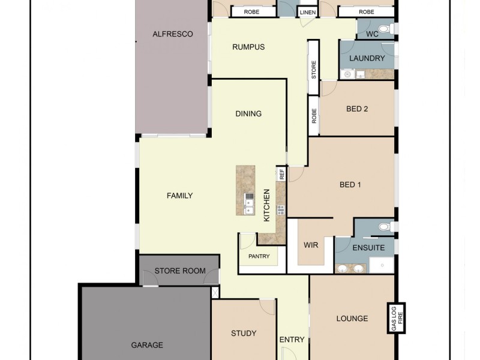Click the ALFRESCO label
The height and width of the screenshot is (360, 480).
(x=172, y=34)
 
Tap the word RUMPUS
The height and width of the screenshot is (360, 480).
(x=248, y=47)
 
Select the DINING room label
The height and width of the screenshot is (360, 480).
(x=248, y=113)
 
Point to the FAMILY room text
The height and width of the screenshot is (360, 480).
(x=179, y=195)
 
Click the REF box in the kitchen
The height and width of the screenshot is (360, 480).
(x=281, y=174)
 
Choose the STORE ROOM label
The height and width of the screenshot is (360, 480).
(x=180, y=271)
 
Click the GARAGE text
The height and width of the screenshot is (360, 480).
(x=147, y=345)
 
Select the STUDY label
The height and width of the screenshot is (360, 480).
(x=244, y=333)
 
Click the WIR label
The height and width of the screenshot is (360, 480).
(x=311, y=245)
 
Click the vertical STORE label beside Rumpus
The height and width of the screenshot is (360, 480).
(x=313, y=69)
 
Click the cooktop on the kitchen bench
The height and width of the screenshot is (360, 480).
(x=280, y=209)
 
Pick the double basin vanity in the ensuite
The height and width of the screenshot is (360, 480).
(x=350, y=268)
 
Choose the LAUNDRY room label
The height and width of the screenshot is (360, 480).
(x=367, y=58)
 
